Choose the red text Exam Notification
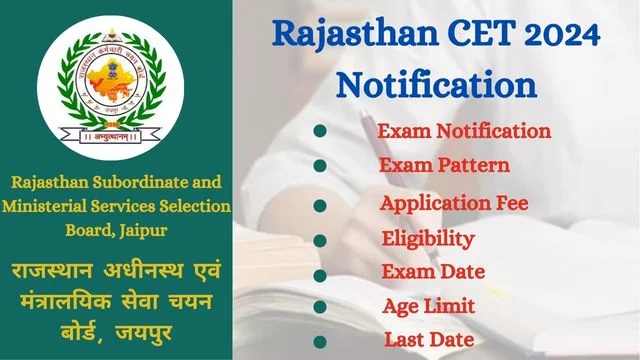[x=464, y=130]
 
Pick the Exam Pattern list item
[x=444, y=165]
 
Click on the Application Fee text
[x=453, y=203]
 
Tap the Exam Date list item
[x=433, y=272]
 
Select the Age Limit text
[x=428, y=306]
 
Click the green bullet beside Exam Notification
[x=319, y=131]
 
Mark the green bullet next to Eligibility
[x=319, y=241]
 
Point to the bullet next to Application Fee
[x=319, y=205]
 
